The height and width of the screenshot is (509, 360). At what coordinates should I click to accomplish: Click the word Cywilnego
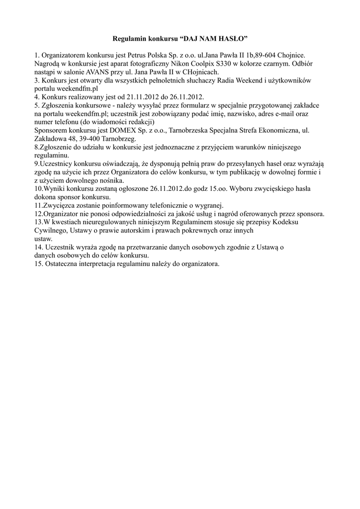(51, 231)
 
